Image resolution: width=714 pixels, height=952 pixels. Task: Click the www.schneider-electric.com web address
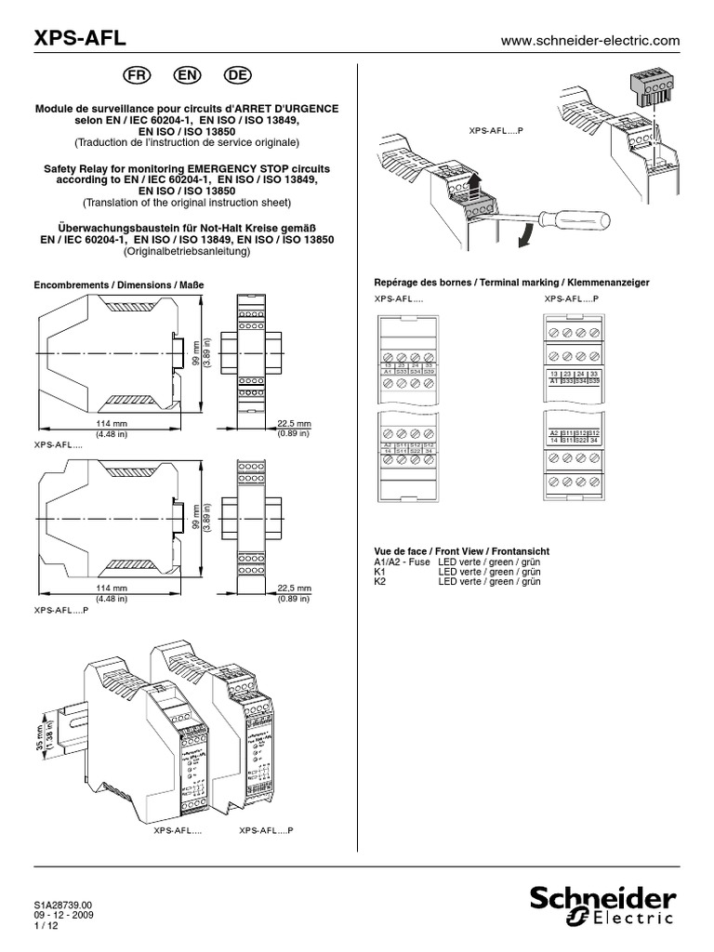(590, 41)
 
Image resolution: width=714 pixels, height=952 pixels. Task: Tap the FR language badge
(136, 74)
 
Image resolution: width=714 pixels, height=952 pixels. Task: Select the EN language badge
(187, 74)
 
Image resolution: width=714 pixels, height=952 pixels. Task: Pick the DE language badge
(239, 74)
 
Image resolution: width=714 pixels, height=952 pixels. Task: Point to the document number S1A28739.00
(63, 905)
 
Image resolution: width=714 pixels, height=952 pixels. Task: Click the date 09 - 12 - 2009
(64, 915)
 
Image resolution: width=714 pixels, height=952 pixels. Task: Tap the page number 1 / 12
(45, 925)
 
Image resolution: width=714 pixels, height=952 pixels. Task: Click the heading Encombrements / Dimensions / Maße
(118, 284)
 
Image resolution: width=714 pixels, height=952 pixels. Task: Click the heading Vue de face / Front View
(461, 552)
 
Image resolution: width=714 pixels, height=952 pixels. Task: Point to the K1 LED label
(379, 572)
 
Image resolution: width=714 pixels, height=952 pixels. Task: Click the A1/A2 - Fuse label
(403, 562)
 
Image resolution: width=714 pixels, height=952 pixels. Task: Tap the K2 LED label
(379, 582)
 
